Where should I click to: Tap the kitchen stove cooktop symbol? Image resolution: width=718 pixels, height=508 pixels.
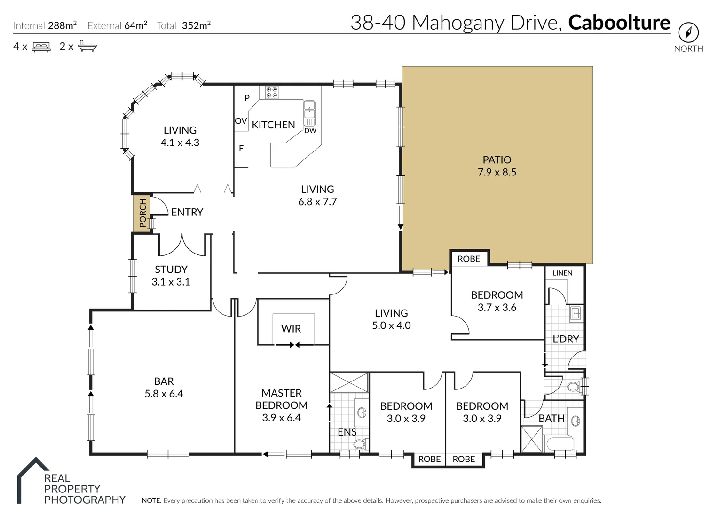click(271, 92)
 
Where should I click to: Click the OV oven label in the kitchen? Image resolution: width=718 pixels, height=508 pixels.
click(241, 121)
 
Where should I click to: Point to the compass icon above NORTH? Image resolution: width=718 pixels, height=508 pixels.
click(688, 33)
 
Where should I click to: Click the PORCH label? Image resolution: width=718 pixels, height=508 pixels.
click(142, 213)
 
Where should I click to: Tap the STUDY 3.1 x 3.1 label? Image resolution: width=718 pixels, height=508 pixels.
click(171, 275)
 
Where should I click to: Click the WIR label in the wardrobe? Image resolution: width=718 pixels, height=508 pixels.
click(291, 329)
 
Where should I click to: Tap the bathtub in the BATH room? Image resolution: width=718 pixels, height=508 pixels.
click(560, 443)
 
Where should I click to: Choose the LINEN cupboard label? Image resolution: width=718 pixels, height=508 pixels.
click(562, 273)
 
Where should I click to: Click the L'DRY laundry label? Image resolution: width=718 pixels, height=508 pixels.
click(565, 339)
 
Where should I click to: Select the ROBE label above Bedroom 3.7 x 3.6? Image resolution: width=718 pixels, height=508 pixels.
click(469, 259)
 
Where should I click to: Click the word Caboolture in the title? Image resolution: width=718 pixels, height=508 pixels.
click(619, 23)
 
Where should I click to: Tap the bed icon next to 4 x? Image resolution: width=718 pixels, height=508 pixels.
click(41, 47)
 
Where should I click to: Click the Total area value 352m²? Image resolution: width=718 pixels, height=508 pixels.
click(196, 25)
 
